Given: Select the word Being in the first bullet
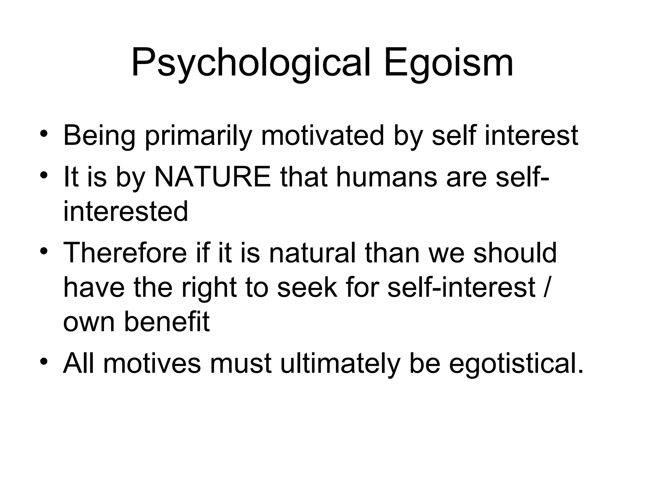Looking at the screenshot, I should point(99,136).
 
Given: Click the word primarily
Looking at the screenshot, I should point(198,136).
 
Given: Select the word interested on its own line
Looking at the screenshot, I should point(125,211).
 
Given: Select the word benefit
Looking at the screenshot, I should point(167,322).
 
